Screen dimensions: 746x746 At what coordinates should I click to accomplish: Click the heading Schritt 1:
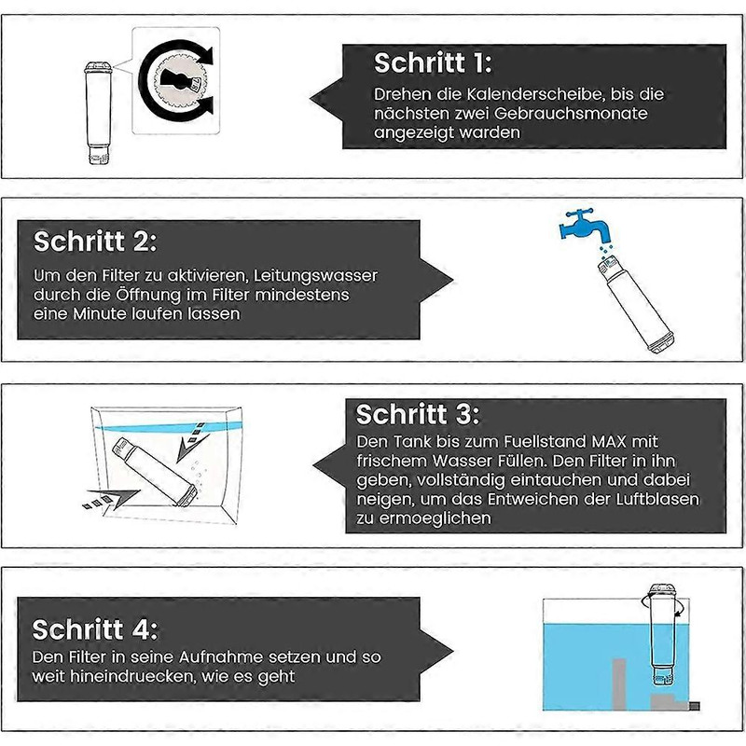pyautogui.click(x=433, y=62)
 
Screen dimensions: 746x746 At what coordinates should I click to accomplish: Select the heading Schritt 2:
pyautogui.click(x=95, y=241)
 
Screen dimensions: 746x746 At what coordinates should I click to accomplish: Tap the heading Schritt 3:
pyautogui.click(x=417, y=414)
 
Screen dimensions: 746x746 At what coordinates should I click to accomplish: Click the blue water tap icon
pyautogui.click(x=585, y=225)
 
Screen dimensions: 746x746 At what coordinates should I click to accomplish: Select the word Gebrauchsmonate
pyautogui.click(x=571, y=113)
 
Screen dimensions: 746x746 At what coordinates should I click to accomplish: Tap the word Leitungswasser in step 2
pyautogui.click(x=315, y=275)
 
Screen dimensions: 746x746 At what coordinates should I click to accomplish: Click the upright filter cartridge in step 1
pyautogui.click(x=100, y=113)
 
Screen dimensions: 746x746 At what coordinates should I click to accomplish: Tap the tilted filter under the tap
pyautogui.click(x=635, y=304)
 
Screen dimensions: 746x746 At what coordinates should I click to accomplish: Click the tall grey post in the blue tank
pyautogui.click(x=618, y=684)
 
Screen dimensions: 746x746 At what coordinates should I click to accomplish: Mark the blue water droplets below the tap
pyautogui.click(x=605, y=250)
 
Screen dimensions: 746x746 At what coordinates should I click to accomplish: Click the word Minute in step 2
pyautogui.click(x=100, y=313)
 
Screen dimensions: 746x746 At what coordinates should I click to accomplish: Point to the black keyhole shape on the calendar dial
pyautogui.click(x=175, y=78)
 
